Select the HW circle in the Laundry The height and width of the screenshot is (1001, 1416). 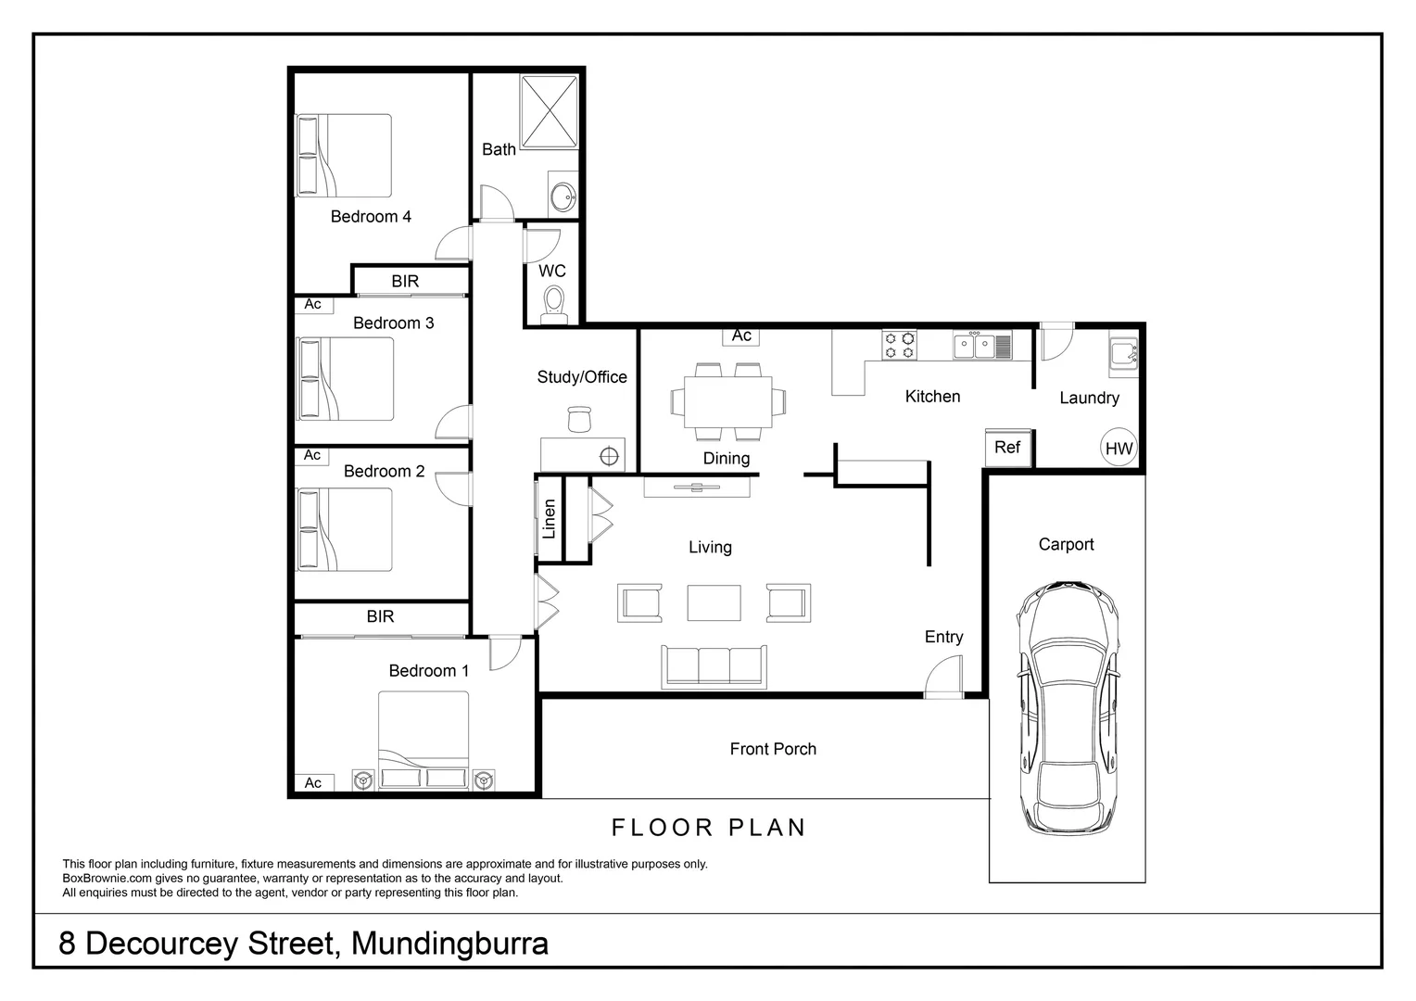click(x=1119, y=449)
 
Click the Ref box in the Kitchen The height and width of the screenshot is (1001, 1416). click(x=1007, y=448)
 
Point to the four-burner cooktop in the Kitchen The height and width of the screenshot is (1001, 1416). click(x=899, y=346)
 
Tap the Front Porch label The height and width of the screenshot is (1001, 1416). click(x=773, y=749)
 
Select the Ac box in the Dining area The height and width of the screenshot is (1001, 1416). click(x=741, y=336)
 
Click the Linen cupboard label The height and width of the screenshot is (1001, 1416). click(x=549, y=519)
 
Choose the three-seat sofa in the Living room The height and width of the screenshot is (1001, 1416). click(x=714, y=666)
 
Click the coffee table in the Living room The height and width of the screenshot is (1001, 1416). click(x=714, y=602)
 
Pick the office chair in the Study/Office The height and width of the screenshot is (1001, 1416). click(x=579, y=419)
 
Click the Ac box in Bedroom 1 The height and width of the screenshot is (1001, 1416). click(x=312, y=783)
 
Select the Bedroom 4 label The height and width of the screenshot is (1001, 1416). click(x=371, y=217)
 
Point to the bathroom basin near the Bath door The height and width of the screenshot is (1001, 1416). click(x=562, y=196)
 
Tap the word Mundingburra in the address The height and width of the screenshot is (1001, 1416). click(x=449, y=944)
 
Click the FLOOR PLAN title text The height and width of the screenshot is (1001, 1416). click(x=709, y=828)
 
